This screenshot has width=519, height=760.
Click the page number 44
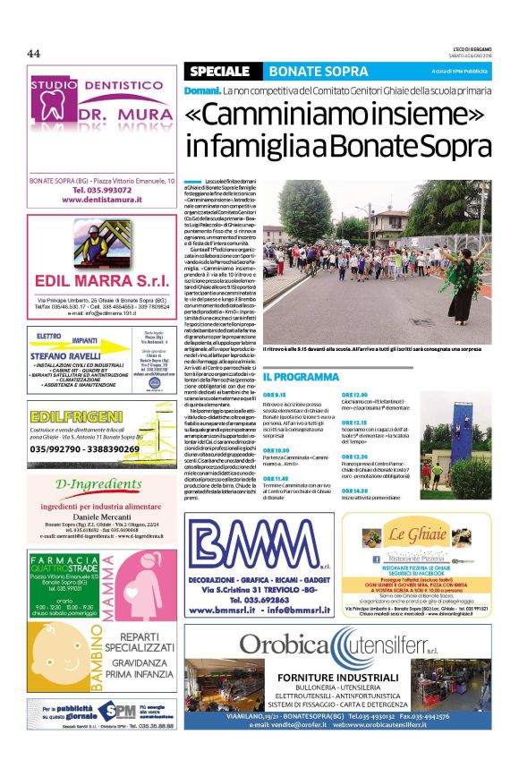[34, 53]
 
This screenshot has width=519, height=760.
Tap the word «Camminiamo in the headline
[255, 115]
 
